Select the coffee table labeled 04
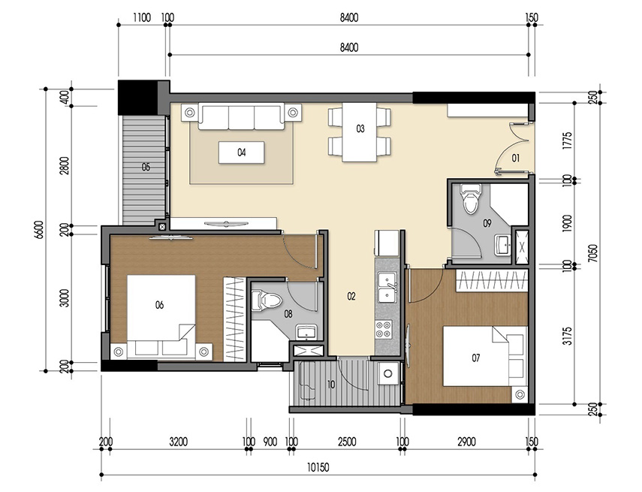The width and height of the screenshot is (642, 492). (x=242, y=152)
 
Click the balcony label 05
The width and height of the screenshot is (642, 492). (x=145, y=167)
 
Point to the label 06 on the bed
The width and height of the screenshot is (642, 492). (x=159, y=304)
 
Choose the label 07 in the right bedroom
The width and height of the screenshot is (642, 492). (x=475, y=358)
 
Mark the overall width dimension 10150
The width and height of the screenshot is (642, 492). (x=316, y=466)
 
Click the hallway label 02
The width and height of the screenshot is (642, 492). (x=351, y=297)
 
